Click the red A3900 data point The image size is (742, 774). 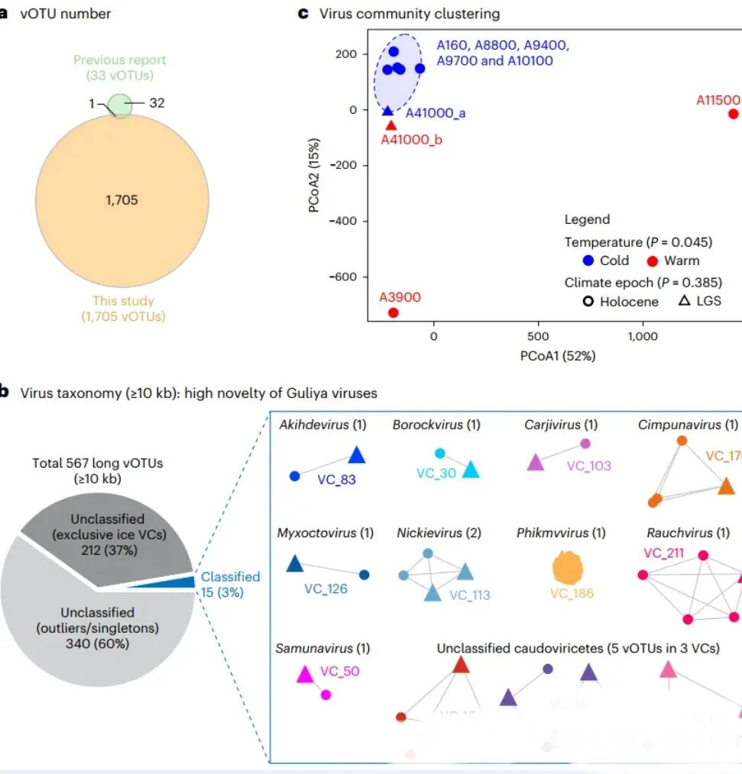[393, 313]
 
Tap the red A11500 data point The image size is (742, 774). [733, 114]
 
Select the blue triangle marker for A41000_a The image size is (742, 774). [387, 111]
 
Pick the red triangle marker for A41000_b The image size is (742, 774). [390, 125]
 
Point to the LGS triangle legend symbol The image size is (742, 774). [684, 301]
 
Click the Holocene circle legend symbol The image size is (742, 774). [588, 301]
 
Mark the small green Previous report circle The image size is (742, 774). [119, 104]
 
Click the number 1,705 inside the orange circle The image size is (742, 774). [122, 200]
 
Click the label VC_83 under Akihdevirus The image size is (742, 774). [336, 480]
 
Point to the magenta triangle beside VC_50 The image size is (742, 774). [304, 674]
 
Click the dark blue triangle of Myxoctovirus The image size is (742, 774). [294, 565]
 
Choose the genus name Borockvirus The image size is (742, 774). [426, 425]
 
